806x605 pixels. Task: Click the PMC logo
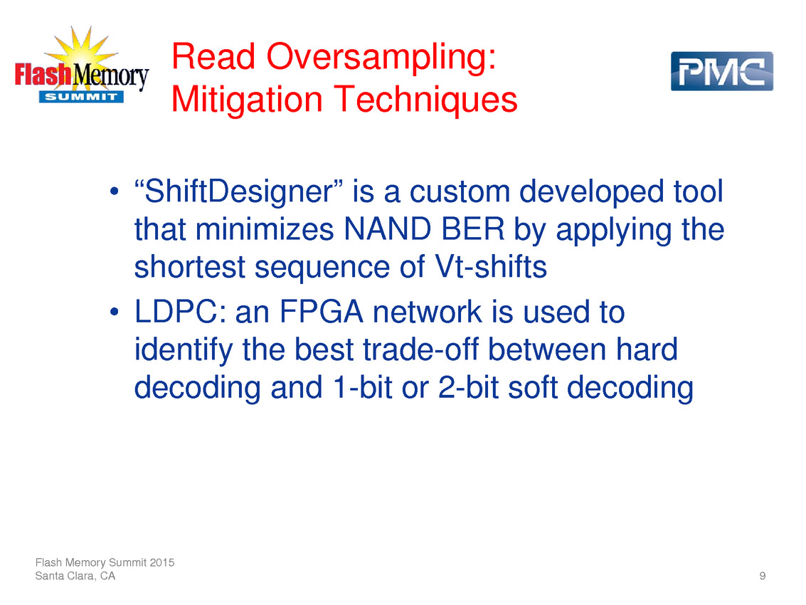pos(721,71)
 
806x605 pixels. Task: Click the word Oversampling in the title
pos(381,57)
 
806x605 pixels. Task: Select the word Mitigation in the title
pos(247,99)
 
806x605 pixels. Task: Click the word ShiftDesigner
pos(238,191)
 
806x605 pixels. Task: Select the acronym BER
pos(473,229)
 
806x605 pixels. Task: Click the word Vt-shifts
pos(491,266)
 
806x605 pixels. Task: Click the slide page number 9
pos(763,576)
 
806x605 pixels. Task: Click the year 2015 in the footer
pos(162,562)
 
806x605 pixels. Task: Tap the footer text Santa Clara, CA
pos(75,576)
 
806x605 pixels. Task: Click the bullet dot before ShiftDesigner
pos(115,192)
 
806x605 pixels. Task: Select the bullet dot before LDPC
pos(115,312)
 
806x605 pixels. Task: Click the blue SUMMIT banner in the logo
pos(81,97)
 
